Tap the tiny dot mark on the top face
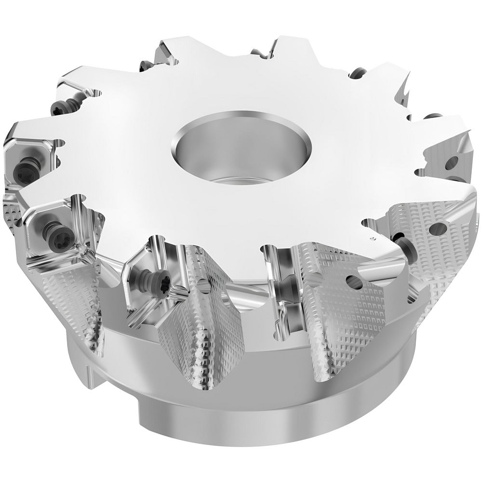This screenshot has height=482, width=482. pyautogui.click(x=372, y=239)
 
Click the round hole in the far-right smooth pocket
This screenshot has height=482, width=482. pyautogui.click(x=455, y=162)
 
